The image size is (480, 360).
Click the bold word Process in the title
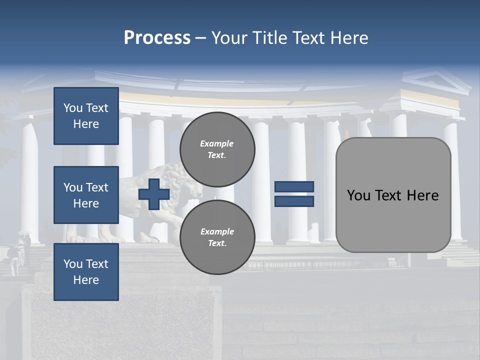[157, 38]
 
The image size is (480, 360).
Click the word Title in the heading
[269, 38]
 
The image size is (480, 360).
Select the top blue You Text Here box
[86, 116]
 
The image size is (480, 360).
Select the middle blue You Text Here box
[86, 195]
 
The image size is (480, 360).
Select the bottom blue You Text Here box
[86, 271]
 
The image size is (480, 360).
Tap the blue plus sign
[154, 194]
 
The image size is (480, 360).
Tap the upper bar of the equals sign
[294, 186]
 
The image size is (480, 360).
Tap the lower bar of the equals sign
[294, 201]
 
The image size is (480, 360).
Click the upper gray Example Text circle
[217, 149]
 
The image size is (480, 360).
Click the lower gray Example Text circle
[217, 237]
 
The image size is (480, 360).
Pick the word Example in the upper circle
[217, 143]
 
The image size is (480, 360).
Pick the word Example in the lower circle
[217, 231]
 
